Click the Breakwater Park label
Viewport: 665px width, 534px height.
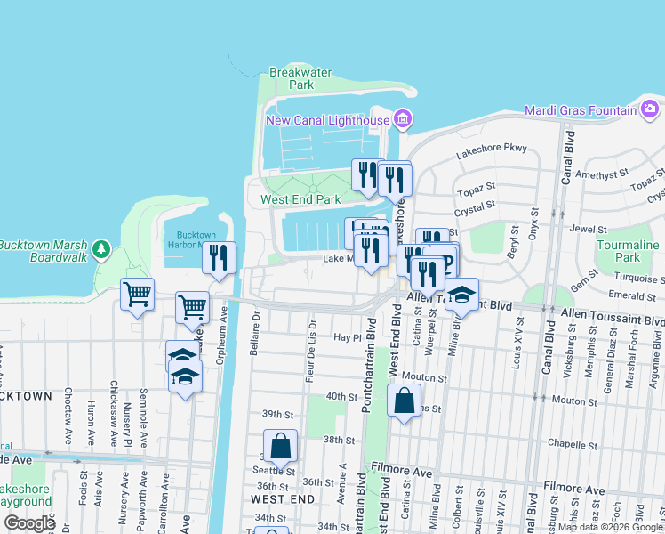pyautogui.click(x=292, y=78)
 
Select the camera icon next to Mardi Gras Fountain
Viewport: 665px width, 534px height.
pyautogui.click(x=651, y=110)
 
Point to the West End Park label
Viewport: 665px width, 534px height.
pyautogui.click(x=300, y=200)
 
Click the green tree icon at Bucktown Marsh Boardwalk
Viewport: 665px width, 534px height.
pyautogui.click(x=103, y=247)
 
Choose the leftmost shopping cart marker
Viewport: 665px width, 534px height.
pyautogui.click(x=137, y=294)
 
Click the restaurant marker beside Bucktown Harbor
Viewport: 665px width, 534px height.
pyautogui.click(x=219, y=257)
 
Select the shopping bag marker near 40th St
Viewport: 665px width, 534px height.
pyautogui.click(x=404, y=401)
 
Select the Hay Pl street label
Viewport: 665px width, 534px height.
pyautogui.click(x=348, y=338)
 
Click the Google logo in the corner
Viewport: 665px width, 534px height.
pyautogui.click(x=29, y=523)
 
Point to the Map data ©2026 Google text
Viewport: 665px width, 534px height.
pyautogui.click(x=610, y=527)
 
